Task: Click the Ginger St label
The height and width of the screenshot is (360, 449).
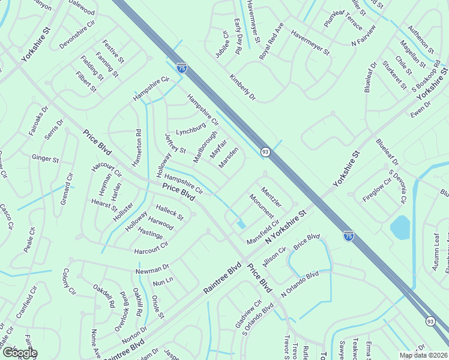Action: [x=45, y=160]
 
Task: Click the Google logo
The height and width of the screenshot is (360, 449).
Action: [x=20, y=353]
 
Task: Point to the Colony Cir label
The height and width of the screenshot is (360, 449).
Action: [x=69, y=281]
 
